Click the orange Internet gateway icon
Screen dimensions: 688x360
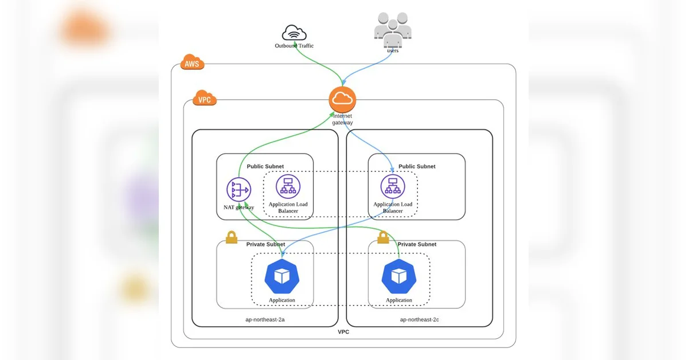342,100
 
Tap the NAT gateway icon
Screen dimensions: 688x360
239,190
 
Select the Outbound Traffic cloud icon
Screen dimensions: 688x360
294,33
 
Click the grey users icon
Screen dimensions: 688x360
393,30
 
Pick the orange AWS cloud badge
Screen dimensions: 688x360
192,62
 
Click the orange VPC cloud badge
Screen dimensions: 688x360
205,97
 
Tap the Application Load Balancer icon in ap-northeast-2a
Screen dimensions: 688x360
288,186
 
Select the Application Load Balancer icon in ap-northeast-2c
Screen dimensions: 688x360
393,186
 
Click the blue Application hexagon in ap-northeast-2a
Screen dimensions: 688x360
282,276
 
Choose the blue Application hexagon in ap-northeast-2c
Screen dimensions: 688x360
399,276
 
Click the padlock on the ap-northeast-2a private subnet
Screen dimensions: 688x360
232,237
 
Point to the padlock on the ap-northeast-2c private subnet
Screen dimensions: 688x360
383,237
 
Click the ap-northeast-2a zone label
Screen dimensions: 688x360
265,319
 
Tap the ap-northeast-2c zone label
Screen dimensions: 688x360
419,319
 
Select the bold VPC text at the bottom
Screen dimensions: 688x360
343,332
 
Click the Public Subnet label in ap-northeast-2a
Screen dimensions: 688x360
265,166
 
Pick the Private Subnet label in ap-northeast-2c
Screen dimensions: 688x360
417,244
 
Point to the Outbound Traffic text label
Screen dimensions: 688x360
294,46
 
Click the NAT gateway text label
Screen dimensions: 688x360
239,208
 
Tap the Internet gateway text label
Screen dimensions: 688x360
342,119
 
